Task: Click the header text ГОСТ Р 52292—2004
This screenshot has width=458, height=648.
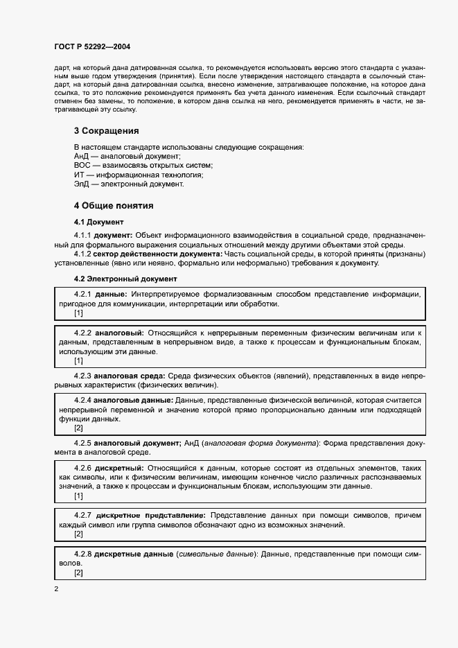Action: [x=93, y=46]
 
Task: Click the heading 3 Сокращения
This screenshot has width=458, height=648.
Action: [x=106, y=130]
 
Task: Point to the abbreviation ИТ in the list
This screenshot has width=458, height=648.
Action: [x=80, y=175]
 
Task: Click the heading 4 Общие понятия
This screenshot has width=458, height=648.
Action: [x=114, y=206]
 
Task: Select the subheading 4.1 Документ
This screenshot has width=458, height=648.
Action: [x=98, y=222]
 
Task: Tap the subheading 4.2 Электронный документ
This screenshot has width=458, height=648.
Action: [x=125, y=279]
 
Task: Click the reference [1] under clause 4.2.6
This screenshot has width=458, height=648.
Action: [x=78, y=496]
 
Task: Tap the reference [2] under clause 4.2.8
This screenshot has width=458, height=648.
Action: [x=78, y=572]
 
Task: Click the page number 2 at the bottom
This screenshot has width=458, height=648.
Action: [x=56, y=589]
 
